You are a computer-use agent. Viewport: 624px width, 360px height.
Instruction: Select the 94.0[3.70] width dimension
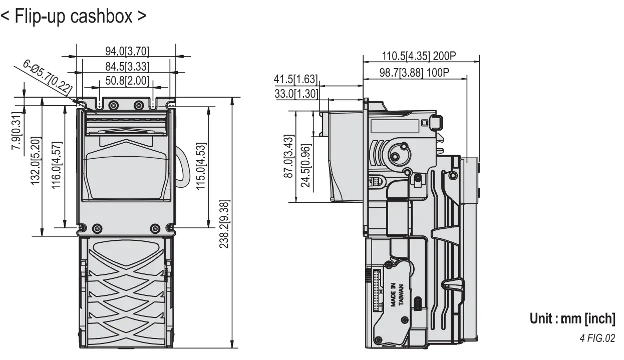click(127, 52)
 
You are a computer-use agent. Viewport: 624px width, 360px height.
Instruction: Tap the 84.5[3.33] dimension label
click(127, 66)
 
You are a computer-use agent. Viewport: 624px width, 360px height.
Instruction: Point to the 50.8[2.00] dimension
click(127, 80)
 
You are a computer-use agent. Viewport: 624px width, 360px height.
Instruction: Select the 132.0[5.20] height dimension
click(36, 161)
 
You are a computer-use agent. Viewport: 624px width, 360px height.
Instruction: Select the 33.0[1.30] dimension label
click(295, 93)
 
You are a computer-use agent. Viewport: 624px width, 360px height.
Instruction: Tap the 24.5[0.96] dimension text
click(304, 165)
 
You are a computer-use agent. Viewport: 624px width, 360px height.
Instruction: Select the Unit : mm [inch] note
click(572, 318)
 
